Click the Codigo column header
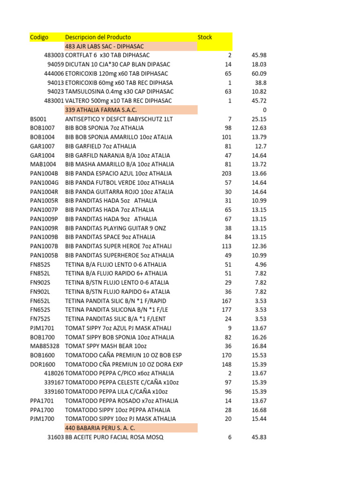(x=39, y=37)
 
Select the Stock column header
(x=205, y=37)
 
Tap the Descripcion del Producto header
(x=98, y=37)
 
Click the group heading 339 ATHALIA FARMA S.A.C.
(x=101, y=110)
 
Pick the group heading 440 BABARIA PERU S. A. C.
(x=100, y=428)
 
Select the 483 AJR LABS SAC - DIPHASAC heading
(x=104, y=46)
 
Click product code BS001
(x=38, y=119)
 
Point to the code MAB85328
(x=45, y=346)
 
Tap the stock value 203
(x=226, y=173)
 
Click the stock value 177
(x=227, y=310)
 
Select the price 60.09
(x=259, y=74)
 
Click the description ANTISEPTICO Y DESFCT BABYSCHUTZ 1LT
(x=119, y=119)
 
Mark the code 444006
(x=54, y=74)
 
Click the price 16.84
(x=259, y=346)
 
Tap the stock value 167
(x=227, y=300)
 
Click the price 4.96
(x=261, y=264)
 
